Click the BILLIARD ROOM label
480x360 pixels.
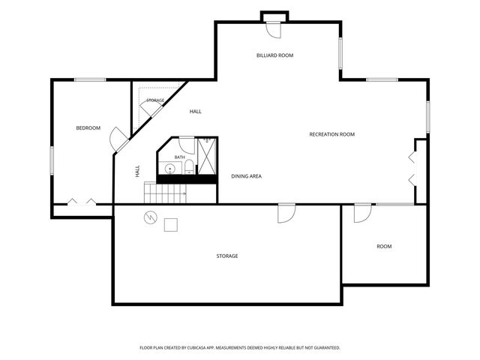click(275, 55)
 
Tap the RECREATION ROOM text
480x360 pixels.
click(331, 134)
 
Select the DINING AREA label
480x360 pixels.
click(247, 176)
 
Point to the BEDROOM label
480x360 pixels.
click(88, 128)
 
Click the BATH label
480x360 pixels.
click(180, 157)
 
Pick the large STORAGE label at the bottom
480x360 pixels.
click(227, 256)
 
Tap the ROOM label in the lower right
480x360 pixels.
click(384, 247)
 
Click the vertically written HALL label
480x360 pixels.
click(137, 171)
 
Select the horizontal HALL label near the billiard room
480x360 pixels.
click(195, 112)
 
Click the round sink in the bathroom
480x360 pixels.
click(170, 169)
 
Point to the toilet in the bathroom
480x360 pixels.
click(188, 166)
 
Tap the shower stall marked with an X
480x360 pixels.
click(207, 156)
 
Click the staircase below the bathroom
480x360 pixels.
click(165, 193)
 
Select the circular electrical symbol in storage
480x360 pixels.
click(151, 217)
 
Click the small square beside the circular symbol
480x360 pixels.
click(171, 225)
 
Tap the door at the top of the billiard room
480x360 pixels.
click(273, 30)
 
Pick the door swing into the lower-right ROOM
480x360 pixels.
click(363, 213)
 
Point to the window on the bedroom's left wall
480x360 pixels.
click(52, 160)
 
